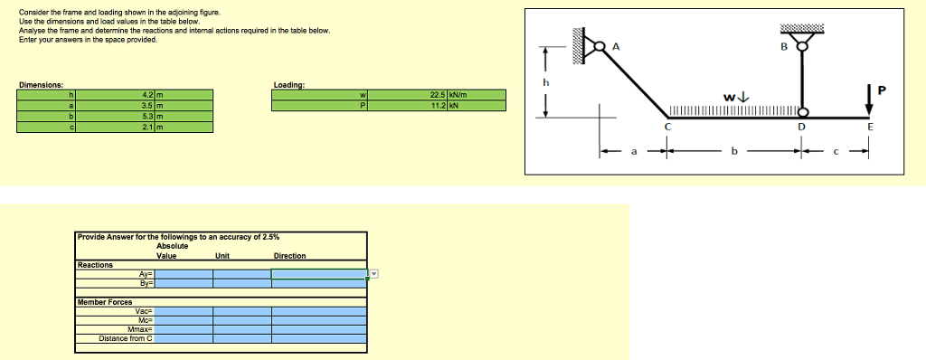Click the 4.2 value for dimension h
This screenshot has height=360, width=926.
(147, 94)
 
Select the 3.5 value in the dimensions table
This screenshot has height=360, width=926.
(147, 105)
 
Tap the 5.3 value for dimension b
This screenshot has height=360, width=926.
(147, 115)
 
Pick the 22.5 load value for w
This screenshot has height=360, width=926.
(441, 94)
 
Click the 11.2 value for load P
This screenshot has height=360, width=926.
(441, 105)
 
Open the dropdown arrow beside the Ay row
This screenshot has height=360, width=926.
(373, 273)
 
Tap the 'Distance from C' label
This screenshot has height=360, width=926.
(127, 338)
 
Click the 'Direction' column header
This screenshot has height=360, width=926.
(289, 256)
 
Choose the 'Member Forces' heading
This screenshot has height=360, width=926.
(105, 301)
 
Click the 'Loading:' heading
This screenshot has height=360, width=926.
(288, 85)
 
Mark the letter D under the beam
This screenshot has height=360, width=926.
(800, 128)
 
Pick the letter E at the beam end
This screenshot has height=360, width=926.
(870, 128)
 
